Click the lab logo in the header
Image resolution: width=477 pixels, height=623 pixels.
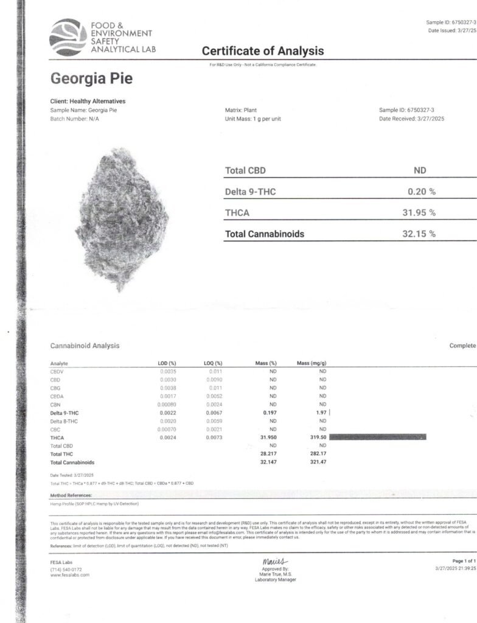pos(68,37)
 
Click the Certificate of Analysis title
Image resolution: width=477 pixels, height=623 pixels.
pos(263,51)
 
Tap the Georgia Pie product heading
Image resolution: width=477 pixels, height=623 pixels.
pos(91,78)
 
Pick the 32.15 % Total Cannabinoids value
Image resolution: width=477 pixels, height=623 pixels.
pos(422,234)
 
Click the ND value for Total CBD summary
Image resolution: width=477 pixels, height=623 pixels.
pos(420,170)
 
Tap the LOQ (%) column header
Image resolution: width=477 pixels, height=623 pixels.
pos(213,363)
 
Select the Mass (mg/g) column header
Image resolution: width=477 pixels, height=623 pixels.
pos(312,363)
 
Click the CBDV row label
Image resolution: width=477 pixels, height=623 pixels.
pos(57,371)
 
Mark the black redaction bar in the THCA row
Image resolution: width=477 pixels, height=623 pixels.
pos(377,437)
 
